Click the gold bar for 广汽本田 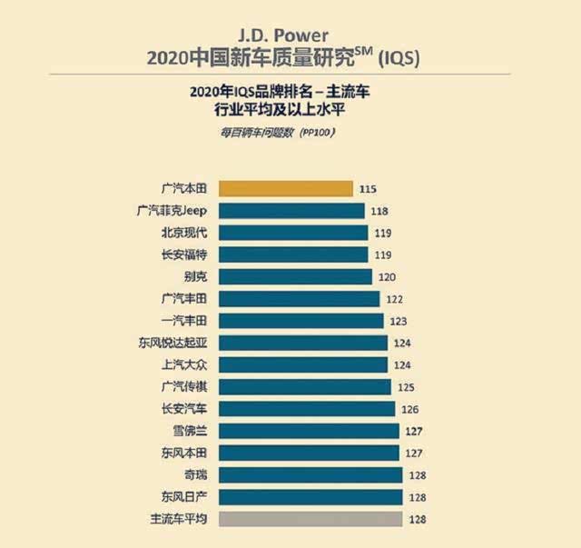[x=285, y=188]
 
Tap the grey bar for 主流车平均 [x=309, y=519]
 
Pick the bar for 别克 [x=296, y=276]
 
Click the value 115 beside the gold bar [x=368, y=189]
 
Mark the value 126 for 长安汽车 [x=410, y=409]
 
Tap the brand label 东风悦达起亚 [x=172, y=343]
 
